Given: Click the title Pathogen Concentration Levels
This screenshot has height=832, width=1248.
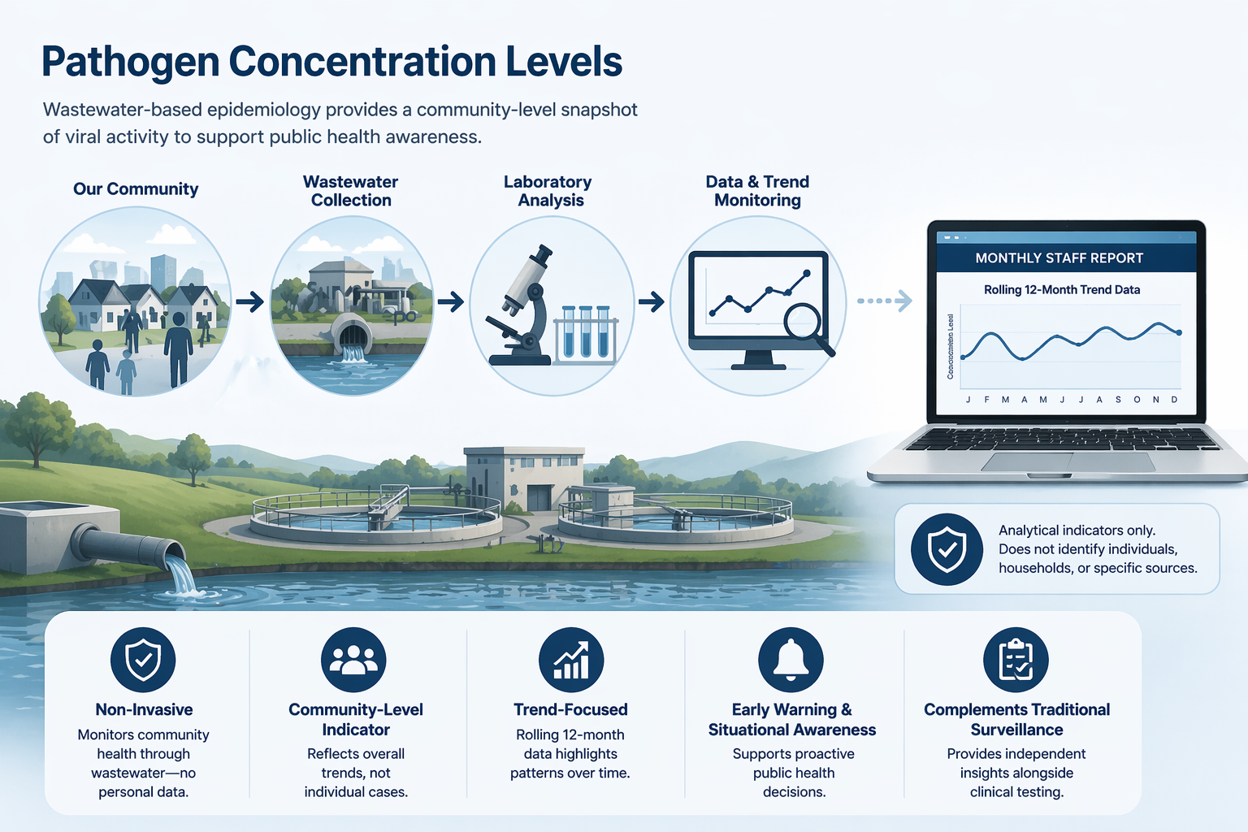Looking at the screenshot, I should point(331,62).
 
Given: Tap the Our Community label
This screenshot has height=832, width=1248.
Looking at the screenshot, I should point(136,189).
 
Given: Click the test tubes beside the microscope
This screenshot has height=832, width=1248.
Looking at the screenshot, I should point(586,332).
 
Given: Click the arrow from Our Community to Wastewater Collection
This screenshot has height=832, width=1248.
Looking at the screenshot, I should point(250,302).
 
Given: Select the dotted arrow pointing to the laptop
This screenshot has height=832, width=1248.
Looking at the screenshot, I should point(884,301).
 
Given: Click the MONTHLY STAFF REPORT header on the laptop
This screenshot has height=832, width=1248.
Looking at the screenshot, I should point(1059,258).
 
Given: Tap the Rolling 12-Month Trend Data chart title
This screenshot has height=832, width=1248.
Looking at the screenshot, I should point(1061,290).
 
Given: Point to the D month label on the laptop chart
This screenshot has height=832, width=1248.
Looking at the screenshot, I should point(1174,400).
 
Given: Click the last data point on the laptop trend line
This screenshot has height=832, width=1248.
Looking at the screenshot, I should point(1179,332).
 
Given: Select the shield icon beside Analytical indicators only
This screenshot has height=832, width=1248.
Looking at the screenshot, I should point(947,550).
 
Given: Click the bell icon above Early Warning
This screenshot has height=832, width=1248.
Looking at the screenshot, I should point(791,659).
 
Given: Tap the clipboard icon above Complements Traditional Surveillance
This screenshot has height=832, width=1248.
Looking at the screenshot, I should point(1016,659).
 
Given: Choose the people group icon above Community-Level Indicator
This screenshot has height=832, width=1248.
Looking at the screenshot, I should point(353,659).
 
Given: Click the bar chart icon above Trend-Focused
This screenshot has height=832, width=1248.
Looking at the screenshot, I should point(571,659).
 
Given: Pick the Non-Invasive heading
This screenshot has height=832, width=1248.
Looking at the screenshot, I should point(144,709).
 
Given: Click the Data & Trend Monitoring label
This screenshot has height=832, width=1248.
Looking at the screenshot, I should point(757,191).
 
